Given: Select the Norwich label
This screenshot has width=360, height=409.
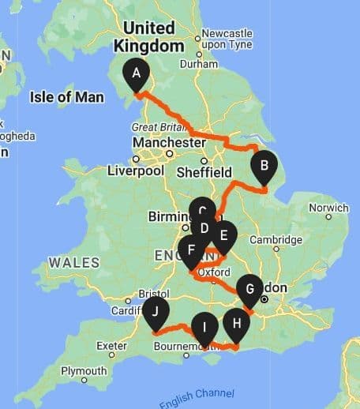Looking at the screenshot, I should (328, 208).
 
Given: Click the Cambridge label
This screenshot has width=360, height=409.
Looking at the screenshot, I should (276, 240).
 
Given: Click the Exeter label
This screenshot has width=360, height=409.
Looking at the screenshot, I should (111, 346).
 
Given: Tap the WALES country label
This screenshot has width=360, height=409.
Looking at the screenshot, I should (73, 262).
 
